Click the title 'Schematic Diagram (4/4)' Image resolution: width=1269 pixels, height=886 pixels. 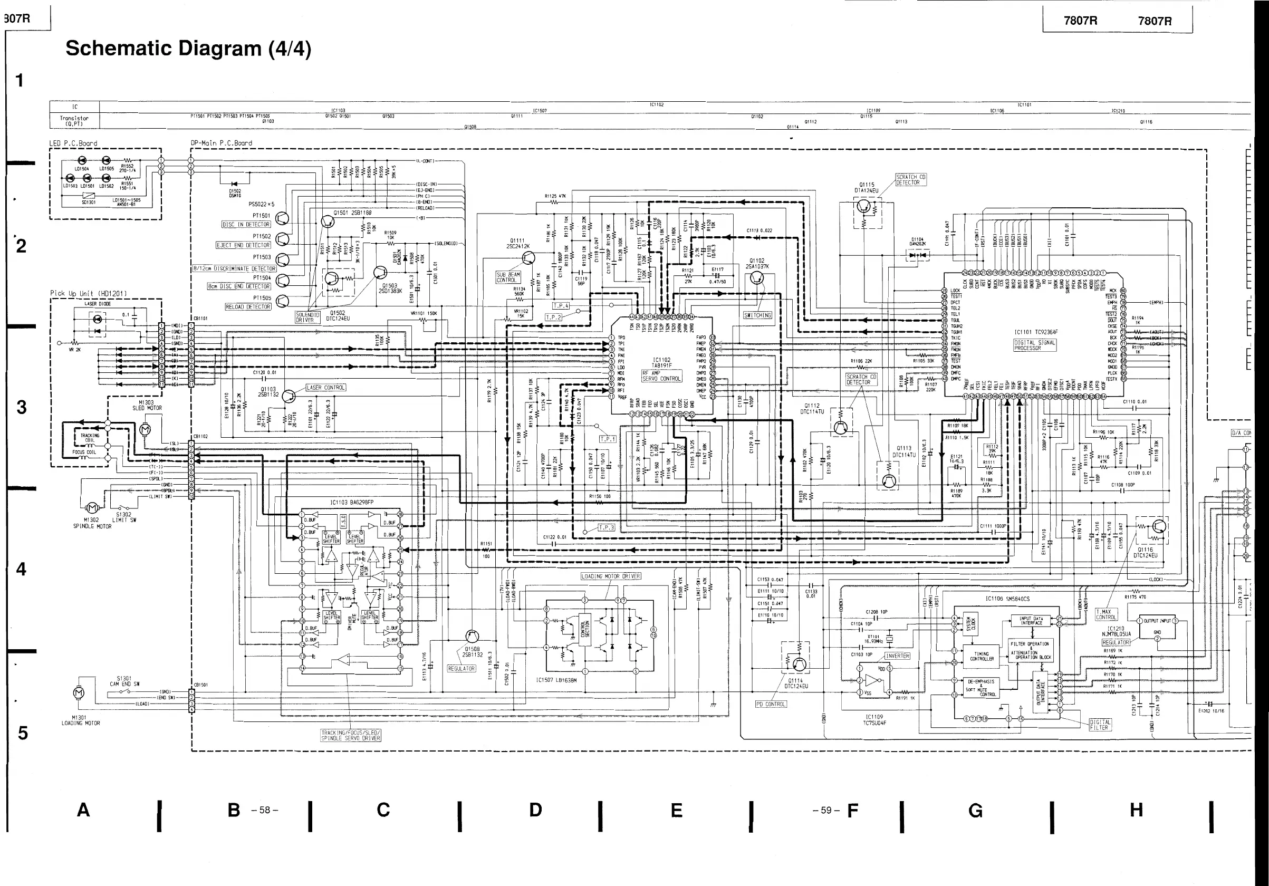(x=188, y=49)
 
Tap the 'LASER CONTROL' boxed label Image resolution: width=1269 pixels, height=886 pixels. (x=326, y=388)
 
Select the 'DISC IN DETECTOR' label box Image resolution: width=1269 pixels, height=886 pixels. (x=246, y=225)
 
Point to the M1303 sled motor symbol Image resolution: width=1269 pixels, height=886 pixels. (x=146, y=428)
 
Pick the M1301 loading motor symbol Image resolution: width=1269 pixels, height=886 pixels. (x=79, y=692)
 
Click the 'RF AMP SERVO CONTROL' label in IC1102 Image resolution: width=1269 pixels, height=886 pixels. (x=661, y=376)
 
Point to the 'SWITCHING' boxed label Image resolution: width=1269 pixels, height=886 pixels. (x=758, y=315)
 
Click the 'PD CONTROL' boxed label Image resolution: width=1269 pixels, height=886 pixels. (x=771, y=704)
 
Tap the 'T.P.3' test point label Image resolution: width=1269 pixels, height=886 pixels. (x=607, y=527)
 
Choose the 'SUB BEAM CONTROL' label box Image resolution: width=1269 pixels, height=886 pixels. (x=507, y=277)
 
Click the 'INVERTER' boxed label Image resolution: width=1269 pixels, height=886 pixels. (x=897, y=656)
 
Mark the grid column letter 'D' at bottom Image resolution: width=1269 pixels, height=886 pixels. (x=535, y=810)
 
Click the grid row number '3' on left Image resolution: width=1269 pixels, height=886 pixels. (x=21, y=407)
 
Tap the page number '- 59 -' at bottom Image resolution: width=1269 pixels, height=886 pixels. (x=826, y=810)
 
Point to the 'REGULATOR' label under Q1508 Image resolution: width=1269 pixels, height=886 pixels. (x=462, y=668)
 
